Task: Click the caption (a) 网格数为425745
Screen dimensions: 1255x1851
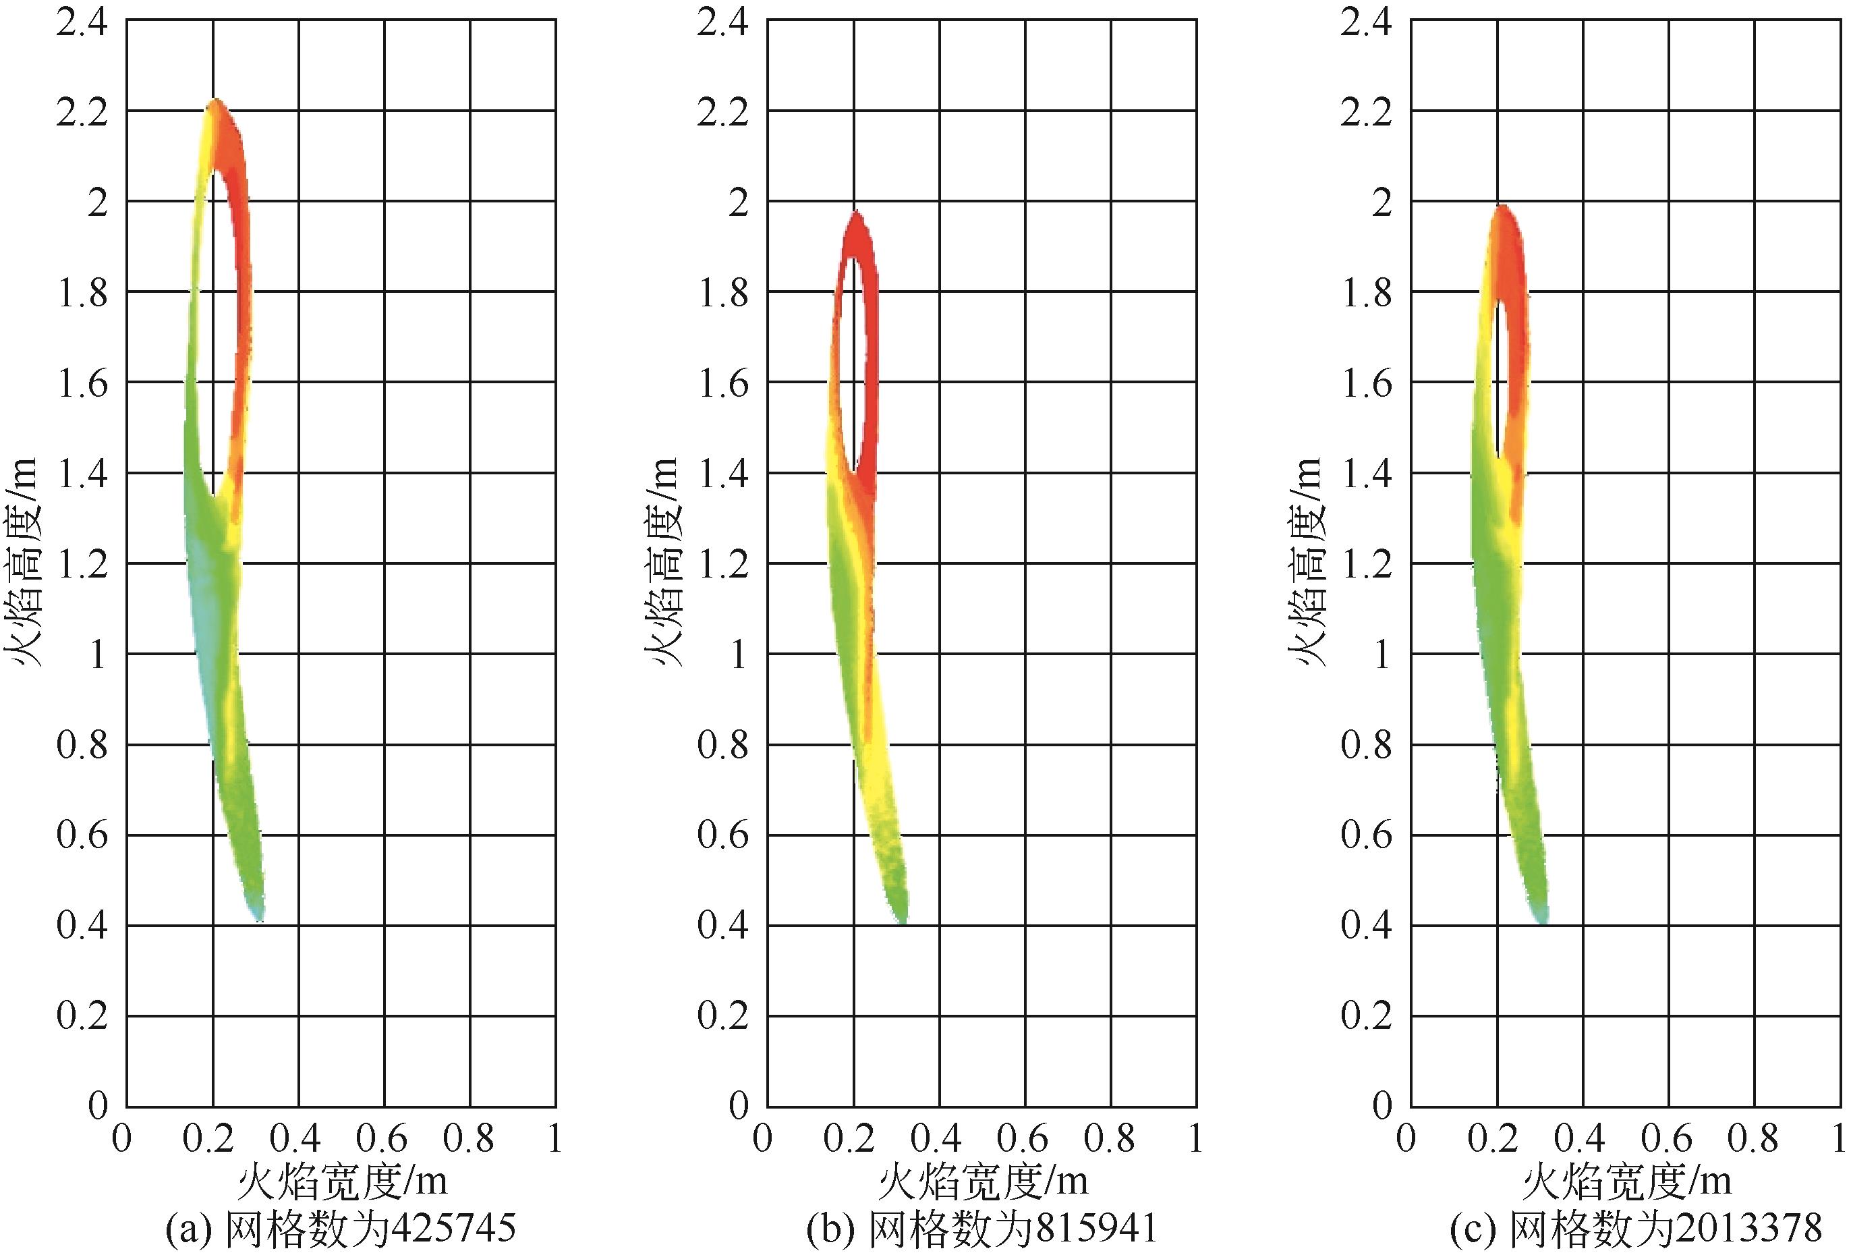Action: [340, 1228]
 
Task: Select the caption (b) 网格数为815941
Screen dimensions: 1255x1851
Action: [981, 1228]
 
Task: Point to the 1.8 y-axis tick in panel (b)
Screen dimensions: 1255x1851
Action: [723, 294]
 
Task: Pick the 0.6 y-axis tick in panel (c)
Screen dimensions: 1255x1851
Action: [1367, 835]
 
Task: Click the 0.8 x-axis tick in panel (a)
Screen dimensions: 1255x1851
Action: [469, 1139]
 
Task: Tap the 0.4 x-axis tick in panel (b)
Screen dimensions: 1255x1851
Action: [938, 1139]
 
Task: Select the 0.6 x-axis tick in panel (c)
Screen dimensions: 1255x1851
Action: [1666, 1139]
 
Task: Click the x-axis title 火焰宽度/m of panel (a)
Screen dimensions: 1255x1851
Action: [343, 1181]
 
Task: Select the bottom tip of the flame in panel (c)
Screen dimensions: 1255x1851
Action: [1544, 920]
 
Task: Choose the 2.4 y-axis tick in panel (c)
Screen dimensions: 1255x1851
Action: [1367, 22]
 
